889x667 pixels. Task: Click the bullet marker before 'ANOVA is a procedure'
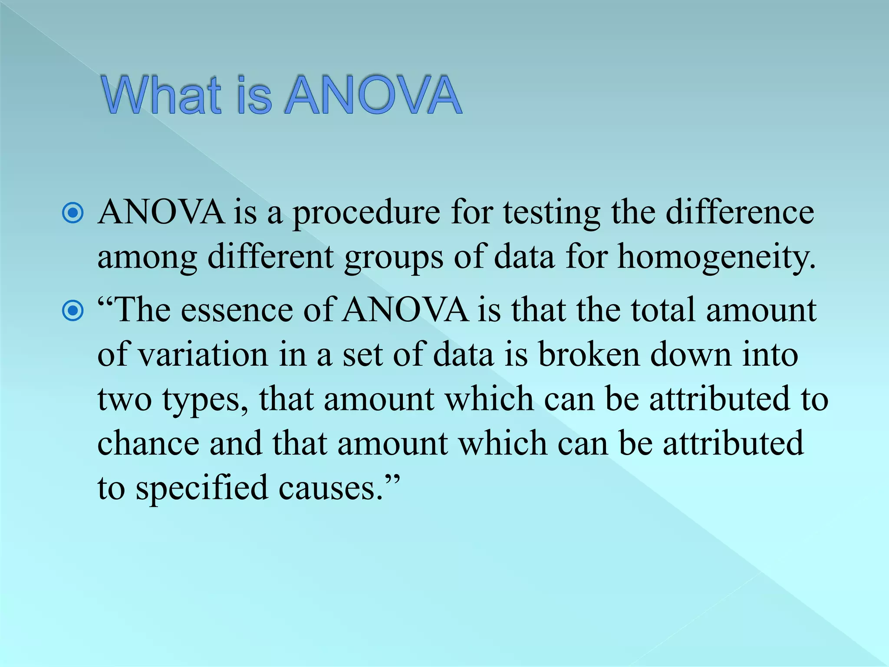point(73,213)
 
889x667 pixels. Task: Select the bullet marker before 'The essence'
point(73,310)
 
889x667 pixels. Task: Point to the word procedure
point(366,214)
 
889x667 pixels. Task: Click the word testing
point(552,214)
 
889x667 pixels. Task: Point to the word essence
point(237,310)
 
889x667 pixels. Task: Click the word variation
point(203,355)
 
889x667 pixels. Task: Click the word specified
point(201,489)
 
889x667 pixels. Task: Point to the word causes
point(330,489)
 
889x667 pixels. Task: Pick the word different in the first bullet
point(270,257)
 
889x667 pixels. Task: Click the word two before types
point(125,400)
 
